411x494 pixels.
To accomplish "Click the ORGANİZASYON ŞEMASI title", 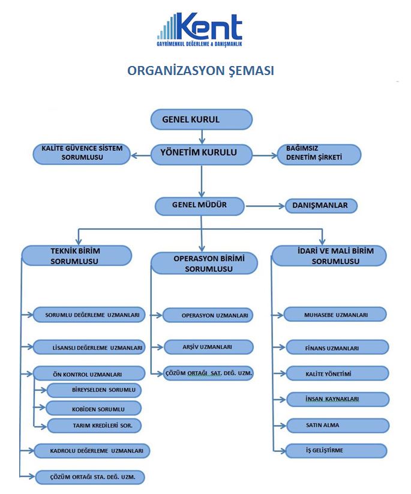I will pyautogui.click(x=200, y=71).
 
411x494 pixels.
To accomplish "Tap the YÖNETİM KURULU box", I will pyautogui.click(x=201, y=153).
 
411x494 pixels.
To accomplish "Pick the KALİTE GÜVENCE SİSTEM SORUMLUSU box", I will pyautogui.click(x=82, y=153).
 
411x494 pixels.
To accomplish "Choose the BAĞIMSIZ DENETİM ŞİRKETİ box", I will pyautogui.click(x=319, y=154).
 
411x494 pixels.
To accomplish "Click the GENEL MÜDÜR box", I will pyautogui.click(x=200, y=206).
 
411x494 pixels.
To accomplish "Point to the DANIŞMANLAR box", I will pyautogui.click(x=320, y=206).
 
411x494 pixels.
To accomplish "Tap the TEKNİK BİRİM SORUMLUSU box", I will pyautogui.click(x=76, y=256).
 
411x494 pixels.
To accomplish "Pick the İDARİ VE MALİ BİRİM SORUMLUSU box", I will pyautogui.click(x=328, y=256).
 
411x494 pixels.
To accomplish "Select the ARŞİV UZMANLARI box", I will pyautogui.click(x=208, y=346).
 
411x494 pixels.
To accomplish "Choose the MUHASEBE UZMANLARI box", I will pyautogui.click(x=336, y=314).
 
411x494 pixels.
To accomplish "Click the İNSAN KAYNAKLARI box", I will pyautogui.click(x=336, y=399).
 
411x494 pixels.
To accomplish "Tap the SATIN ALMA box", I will pyautogui.click(x=336, y=425).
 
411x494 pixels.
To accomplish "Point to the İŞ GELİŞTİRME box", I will pyautogui.click(x=336, y=450).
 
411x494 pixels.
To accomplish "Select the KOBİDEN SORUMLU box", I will pyautogui.click(x=94, y=409).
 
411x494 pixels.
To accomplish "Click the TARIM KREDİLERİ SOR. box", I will pyautogui.click(x=94, y=426).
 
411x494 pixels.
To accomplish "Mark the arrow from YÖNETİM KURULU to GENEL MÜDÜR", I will pyautogui.click(x=202, y=180).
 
